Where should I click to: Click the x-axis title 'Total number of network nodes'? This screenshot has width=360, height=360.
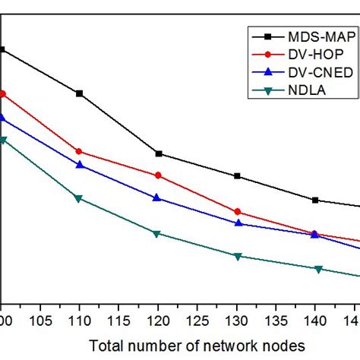[x=197, y=345]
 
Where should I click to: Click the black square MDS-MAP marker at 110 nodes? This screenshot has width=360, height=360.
[x=79, y=93]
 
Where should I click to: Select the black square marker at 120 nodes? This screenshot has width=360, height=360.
[x=158, y=153]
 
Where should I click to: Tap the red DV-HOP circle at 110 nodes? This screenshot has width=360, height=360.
[x=79, y=152]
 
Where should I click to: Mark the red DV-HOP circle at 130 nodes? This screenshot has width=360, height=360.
[x=238, y=211]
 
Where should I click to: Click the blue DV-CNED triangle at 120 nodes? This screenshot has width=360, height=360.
[x=157, y=197]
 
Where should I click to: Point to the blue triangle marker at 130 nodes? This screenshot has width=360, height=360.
[x=238, y=223]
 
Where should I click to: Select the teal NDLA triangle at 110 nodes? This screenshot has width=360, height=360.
[x=79, y=198]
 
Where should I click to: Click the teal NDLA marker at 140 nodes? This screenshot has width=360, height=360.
[x=317, y=269]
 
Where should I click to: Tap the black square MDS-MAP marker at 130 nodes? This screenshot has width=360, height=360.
[x=238, y=176]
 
